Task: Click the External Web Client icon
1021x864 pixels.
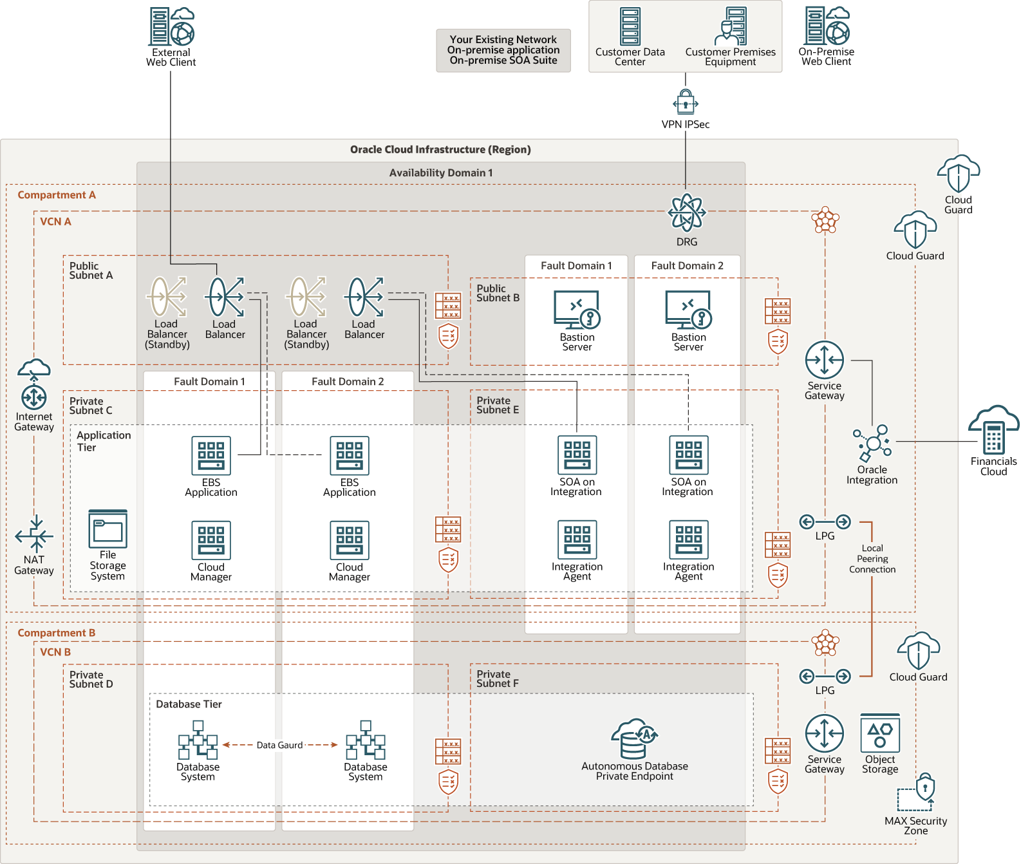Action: [x=171, y=26]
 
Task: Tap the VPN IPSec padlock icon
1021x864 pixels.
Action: [x=686, y=102]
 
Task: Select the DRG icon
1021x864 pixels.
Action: [x=687, y=212]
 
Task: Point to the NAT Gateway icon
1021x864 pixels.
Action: [x=34, y=534]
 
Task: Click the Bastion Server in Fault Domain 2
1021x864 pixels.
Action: [x=688, y=310]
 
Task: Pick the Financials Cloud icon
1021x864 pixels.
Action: [x=993, y=431]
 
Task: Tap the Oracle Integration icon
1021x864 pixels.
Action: [x=872, y=443]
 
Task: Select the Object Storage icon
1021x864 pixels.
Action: [x=880, y=733]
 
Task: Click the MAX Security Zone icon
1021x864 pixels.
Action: [x=917, y=793]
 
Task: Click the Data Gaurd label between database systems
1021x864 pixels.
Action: [x=279, y=745]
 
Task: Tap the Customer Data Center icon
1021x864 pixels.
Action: [x=630, y=26]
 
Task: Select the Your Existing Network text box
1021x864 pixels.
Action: [x=503, y=50]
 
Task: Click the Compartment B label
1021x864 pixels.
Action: [x=57, y=633]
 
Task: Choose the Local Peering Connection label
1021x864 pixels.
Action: [x=872, y=559]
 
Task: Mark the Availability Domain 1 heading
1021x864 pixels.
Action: [x=441, y=173]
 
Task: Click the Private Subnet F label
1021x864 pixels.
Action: [x=498, y=679]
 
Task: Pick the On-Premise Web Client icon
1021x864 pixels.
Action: [x=827, y=26]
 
